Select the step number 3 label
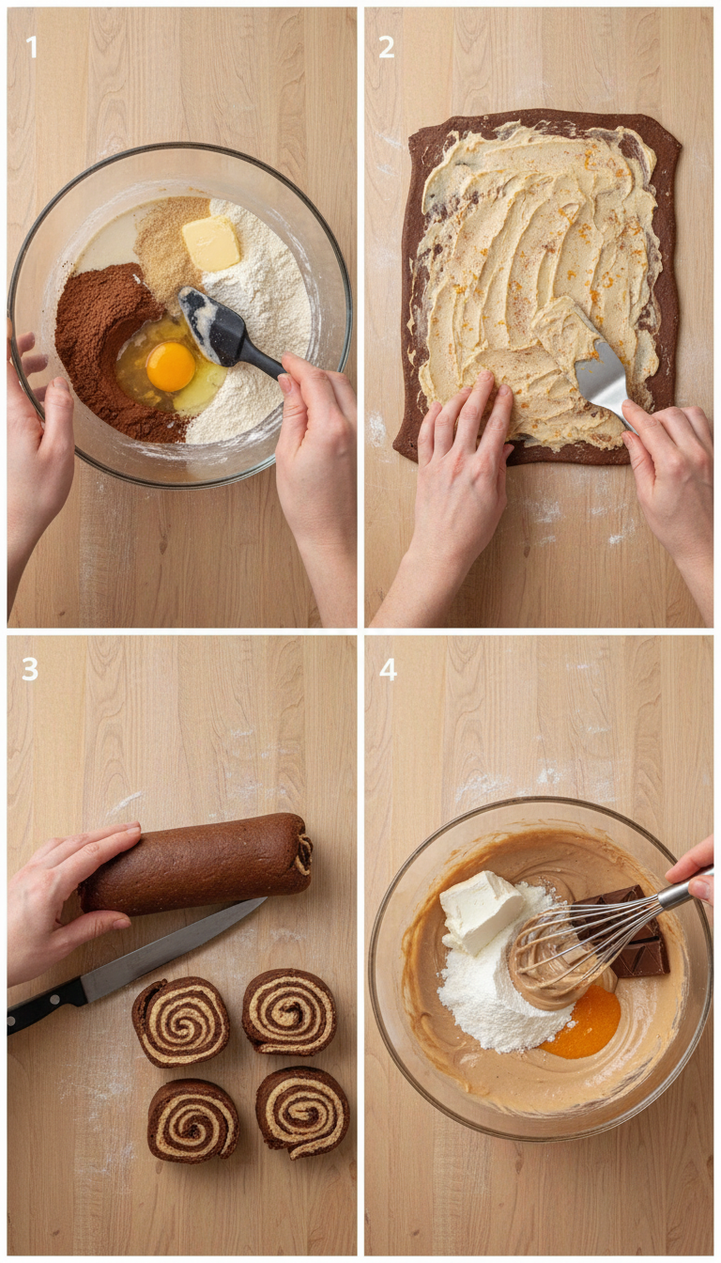(x=30, y=669)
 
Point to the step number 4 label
(x=387, y=669)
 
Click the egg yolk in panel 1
(x=171, y=366)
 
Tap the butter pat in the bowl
(x=211, y=243)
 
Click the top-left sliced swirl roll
(x=180, y=1021)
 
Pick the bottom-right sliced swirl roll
(x=302, y=1111)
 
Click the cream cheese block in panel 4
(x=481, y=910)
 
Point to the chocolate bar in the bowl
(x=638, y=940)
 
